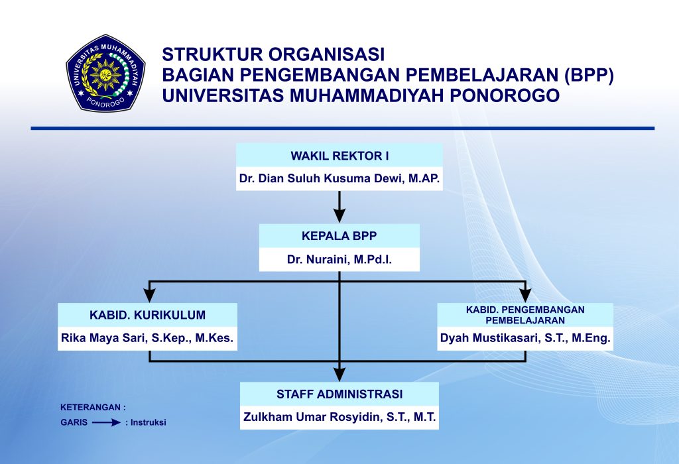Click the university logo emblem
click(x=105, y=72)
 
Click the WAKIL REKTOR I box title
click(x=339, y=156)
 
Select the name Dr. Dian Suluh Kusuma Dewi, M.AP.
click(x=339, y=179)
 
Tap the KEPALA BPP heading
click(x=339, y=235)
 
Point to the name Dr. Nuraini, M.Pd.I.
click(x=339, y=259)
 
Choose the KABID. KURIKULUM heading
click(x=147, y=315)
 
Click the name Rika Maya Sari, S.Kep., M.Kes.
click(x=147, y=338)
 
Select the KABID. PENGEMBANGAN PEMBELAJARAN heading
click(x=525, y=314)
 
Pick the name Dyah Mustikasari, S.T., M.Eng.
click(x=525, y=338)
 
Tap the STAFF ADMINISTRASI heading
click(x=339, y=394)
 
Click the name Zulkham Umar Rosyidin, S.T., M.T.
click(x=339, y=418)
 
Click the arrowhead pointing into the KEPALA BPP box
click(x=339, y=216)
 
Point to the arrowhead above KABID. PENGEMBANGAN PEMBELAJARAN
click(x=526, y=296)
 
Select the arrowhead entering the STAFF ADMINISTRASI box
click(x=339, y=375)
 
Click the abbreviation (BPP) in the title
click(x=589, y=74)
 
